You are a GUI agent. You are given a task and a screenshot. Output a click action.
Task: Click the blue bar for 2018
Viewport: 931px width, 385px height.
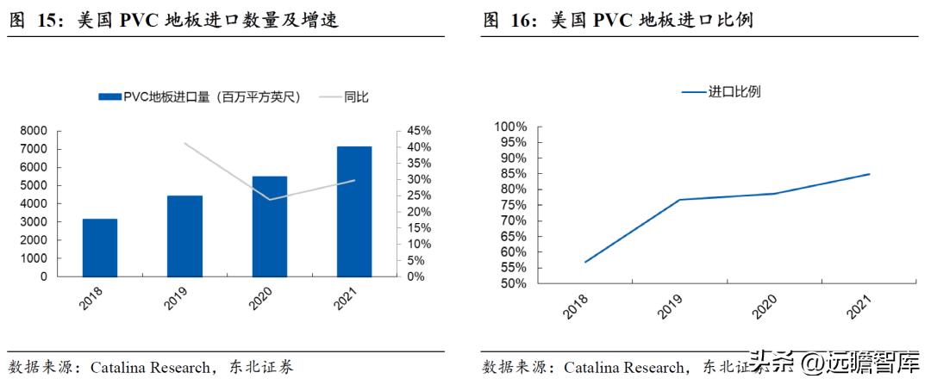[x=100, y=248]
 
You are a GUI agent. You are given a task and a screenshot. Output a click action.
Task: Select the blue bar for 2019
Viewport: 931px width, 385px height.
[x=184, y=236]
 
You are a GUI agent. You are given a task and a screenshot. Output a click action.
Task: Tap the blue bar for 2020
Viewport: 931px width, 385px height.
[x=269, y=227]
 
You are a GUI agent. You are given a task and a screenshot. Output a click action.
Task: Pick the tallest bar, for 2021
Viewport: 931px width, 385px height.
[x=354, y=212]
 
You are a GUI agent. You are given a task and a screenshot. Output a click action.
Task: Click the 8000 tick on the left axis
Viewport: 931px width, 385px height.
[x=34, y=131]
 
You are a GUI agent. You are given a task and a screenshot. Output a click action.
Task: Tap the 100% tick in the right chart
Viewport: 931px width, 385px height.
[x=509, y=127]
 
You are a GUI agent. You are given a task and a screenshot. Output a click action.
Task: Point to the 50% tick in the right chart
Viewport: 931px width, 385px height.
[x=512, y=283]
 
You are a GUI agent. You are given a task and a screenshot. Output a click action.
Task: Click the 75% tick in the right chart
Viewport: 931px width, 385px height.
[x=512, y=205]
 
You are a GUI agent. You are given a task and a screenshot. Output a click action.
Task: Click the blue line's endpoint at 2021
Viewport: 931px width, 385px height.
[x=870, y=174]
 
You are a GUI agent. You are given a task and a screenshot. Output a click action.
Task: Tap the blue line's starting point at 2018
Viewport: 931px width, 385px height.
[x=584, y=262]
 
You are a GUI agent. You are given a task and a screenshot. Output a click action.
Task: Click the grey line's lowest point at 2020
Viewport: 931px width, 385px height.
[x=269, y=200]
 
